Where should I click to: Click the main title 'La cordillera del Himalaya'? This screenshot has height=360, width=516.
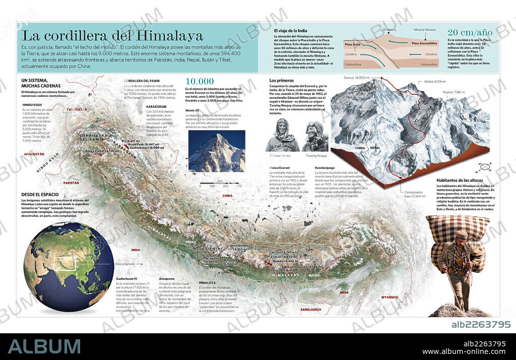pyautogui.click(x=112, y=36)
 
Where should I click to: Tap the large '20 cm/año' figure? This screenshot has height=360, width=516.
pyautogui.click(x=470, y=32)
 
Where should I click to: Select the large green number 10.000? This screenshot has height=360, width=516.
pyautogui.click(x=200, y=82)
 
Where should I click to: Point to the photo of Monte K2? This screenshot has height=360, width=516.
pyautogui.click(x=217, y=151)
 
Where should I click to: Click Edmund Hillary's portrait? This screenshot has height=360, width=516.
pyautogui.click(x=282, y=136)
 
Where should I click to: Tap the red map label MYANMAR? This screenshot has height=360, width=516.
pyautogui.click(x=390, y=297)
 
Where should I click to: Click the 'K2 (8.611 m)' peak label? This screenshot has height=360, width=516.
pyautogui.click(x=131, y=141)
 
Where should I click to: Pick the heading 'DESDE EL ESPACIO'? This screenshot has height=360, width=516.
pyautogui.click(x=40, y=194)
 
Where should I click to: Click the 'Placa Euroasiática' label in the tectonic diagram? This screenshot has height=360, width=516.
pyautogui.click(x=424, y=43)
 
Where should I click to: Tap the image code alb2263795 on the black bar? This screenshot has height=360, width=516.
pyautogui.click(x=481, y=324)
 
